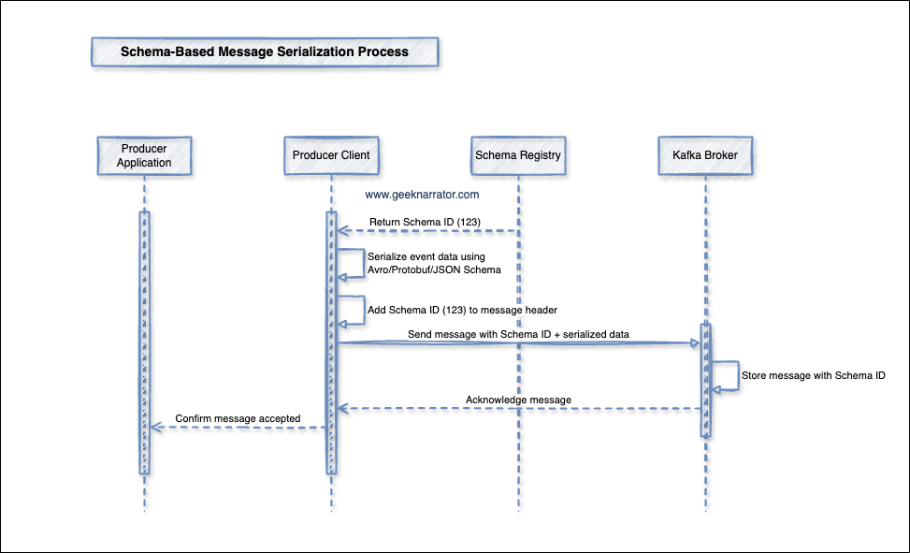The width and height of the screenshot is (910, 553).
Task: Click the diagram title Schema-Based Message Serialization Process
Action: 265,52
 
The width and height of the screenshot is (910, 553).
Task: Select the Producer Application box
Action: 145,155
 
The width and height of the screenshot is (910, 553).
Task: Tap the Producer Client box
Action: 331,155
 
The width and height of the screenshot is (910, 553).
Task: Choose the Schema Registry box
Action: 518,155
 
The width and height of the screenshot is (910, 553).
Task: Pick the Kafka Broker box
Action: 705,155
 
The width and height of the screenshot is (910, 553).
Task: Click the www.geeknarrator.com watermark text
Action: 422,196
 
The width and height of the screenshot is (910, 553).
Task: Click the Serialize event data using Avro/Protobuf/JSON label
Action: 434,263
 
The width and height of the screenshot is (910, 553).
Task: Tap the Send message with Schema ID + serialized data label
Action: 517,334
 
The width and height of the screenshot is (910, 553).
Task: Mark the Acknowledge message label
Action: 518,400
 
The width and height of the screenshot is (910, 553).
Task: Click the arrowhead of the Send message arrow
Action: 696,343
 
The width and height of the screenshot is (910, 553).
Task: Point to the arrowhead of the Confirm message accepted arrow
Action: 156,428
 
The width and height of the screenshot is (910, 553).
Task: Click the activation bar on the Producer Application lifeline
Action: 145,342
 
